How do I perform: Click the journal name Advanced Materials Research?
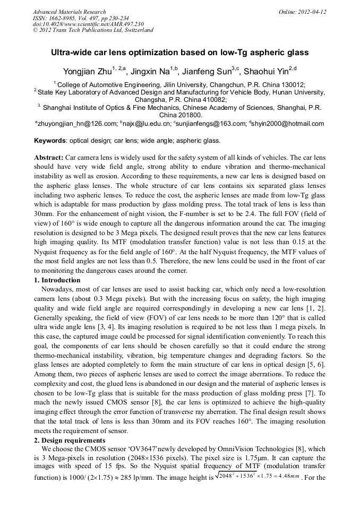click(x=69, y=12)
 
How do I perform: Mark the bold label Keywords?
click(x=50, y=141)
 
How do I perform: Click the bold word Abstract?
click(x=49, y=158)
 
